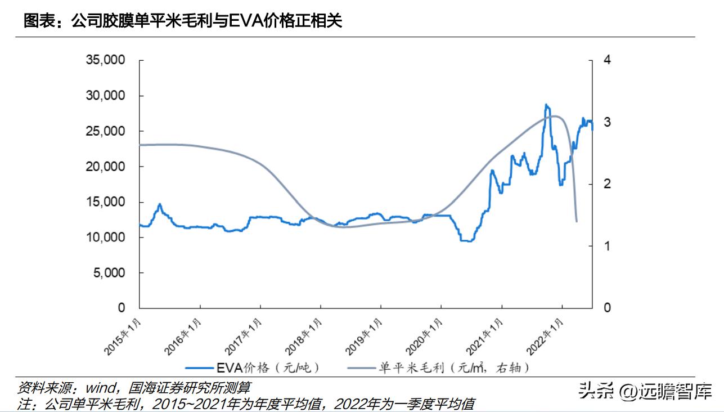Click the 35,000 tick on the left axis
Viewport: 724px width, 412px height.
click(105, 60)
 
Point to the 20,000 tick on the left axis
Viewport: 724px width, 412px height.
click(105, 167)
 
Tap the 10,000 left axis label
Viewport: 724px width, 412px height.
click(105, 238)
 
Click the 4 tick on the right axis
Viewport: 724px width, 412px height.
click(606, 60)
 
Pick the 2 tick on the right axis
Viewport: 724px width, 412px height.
click(606, 184)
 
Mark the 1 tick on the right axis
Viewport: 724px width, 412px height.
click(606, 246)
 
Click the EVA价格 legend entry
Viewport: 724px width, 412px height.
click(268, 368)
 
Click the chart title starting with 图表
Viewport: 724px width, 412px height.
click(183, 21)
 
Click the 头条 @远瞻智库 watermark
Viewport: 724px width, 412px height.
click(645, 391)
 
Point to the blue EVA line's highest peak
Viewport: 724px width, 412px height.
click(546, 105)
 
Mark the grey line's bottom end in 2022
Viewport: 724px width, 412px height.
click(577, 221)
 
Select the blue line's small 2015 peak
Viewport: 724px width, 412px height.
click(160, 204)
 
